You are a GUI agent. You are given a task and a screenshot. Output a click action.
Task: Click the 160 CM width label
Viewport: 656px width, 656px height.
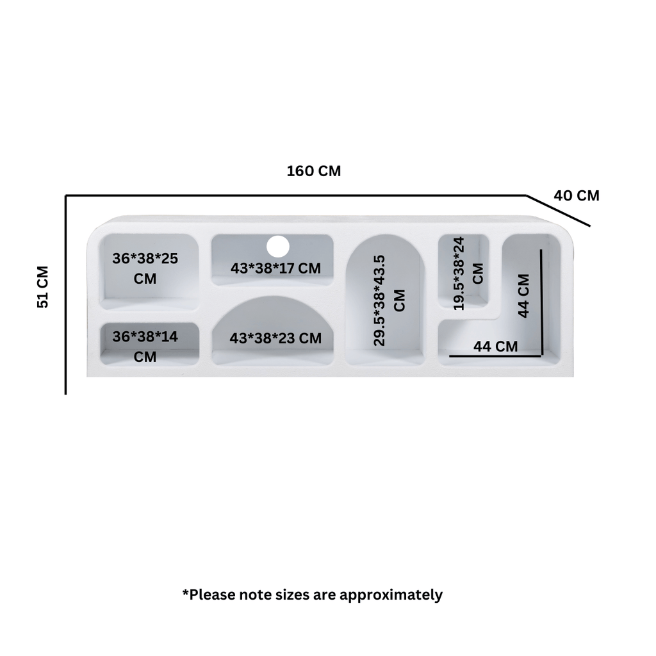[x=314, y=171]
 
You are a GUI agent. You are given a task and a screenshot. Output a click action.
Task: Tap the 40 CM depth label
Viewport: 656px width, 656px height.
[x=577, y=195]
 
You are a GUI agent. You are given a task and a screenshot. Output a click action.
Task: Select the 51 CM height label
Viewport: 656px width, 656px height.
[x=43, y=287]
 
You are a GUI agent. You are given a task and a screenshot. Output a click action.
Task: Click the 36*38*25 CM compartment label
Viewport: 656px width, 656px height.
[x=145, y=268]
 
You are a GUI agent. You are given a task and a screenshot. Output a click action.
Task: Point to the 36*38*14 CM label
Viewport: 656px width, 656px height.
[x=145, y=347]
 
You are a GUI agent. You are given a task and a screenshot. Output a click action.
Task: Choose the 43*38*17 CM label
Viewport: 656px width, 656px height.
[x=275, y=268]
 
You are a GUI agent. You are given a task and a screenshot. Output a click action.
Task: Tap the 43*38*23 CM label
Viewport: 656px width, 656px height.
[x=275, y=338]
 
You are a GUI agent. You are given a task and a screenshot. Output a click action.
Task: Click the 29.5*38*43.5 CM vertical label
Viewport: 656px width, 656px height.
[x=389, y=300]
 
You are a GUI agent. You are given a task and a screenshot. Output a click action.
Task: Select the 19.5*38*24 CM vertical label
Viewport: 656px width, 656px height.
[x=468, y=274]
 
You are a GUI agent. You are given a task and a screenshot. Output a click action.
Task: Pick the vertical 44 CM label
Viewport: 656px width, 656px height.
[x=523, y=296]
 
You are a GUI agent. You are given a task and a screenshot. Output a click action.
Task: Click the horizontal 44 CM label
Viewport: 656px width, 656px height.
[x=495, y=347]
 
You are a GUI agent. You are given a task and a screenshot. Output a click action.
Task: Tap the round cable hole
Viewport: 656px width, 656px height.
[x=278, y=247]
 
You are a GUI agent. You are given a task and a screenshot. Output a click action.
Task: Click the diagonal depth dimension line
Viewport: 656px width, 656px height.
[x=558, y=210]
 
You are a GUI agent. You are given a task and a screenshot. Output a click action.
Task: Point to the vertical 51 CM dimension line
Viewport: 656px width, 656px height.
[x=66, y=295]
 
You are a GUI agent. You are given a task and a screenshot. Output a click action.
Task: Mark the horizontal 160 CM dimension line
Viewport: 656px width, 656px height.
[x=296, y=195]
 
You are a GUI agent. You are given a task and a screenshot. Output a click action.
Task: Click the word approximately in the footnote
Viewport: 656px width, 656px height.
[x=391, y=595]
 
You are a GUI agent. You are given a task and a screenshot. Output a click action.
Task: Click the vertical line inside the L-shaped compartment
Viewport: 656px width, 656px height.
[x=541, y=302]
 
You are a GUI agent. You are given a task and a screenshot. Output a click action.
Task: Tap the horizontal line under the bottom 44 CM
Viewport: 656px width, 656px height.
[x=496, y=356]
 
